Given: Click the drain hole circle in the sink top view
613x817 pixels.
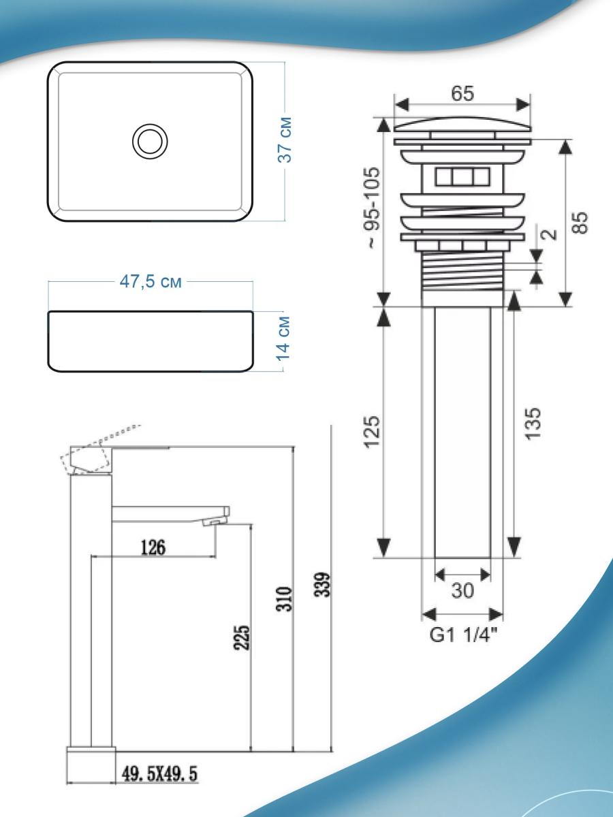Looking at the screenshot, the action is point(150,125).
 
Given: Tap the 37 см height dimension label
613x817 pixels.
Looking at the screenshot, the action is point(285,140).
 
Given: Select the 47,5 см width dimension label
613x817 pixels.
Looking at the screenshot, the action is point(151,282).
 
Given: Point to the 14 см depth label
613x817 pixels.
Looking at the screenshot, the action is point(283,338).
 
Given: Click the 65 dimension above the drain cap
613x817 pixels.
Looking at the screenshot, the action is point(462,93).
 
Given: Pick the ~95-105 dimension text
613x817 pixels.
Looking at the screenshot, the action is point(373,208).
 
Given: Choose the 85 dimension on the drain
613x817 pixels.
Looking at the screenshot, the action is point(580,223).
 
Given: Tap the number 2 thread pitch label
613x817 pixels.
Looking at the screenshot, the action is point(550,234).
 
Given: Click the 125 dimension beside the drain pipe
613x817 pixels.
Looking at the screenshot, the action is point(373,432).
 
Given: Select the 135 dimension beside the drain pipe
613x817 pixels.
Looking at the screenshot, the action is point(533,424).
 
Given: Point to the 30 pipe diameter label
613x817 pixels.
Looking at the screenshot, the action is point(462,591).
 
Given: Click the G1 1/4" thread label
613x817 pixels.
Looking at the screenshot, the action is point(463,635).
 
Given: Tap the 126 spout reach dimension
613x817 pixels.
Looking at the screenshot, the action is point(153,547).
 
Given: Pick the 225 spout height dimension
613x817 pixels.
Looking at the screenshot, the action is point(242,637).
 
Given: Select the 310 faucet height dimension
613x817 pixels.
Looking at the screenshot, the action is point(284,599).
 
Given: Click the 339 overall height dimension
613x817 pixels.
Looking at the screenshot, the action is point(322,585).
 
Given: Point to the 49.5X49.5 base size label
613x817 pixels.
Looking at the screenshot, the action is point(159,774).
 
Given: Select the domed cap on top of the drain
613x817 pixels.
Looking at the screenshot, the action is point(462,124).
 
